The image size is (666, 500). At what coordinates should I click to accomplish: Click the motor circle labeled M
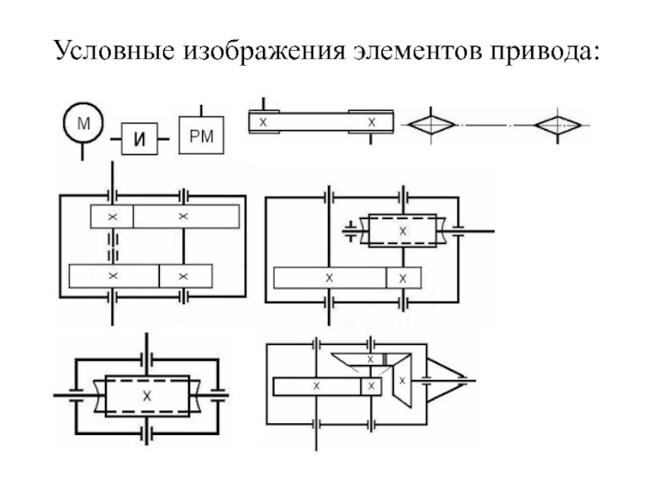tap(82, 124)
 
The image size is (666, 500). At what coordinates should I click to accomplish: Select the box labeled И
tap(139, 139)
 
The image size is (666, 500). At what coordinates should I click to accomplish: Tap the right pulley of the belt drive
tap(371, 122)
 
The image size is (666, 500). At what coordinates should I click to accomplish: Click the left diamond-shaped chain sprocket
tap(430, 124)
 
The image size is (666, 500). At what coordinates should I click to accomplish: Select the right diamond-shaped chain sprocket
tap(557, 124)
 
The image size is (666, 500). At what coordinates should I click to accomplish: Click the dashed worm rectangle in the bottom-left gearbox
tap(147, 396)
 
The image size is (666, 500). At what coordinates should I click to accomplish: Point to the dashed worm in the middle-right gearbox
tap(402, 229)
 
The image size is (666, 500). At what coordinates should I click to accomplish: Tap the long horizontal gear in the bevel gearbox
tap(317, 386)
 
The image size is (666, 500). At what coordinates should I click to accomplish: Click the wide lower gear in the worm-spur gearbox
tap(329, 277)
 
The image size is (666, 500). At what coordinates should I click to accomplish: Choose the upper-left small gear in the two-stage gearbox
tap(112, 217)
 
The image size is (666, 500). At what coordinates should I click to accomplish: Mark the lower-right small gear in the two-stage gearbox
tap(186, 275)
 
